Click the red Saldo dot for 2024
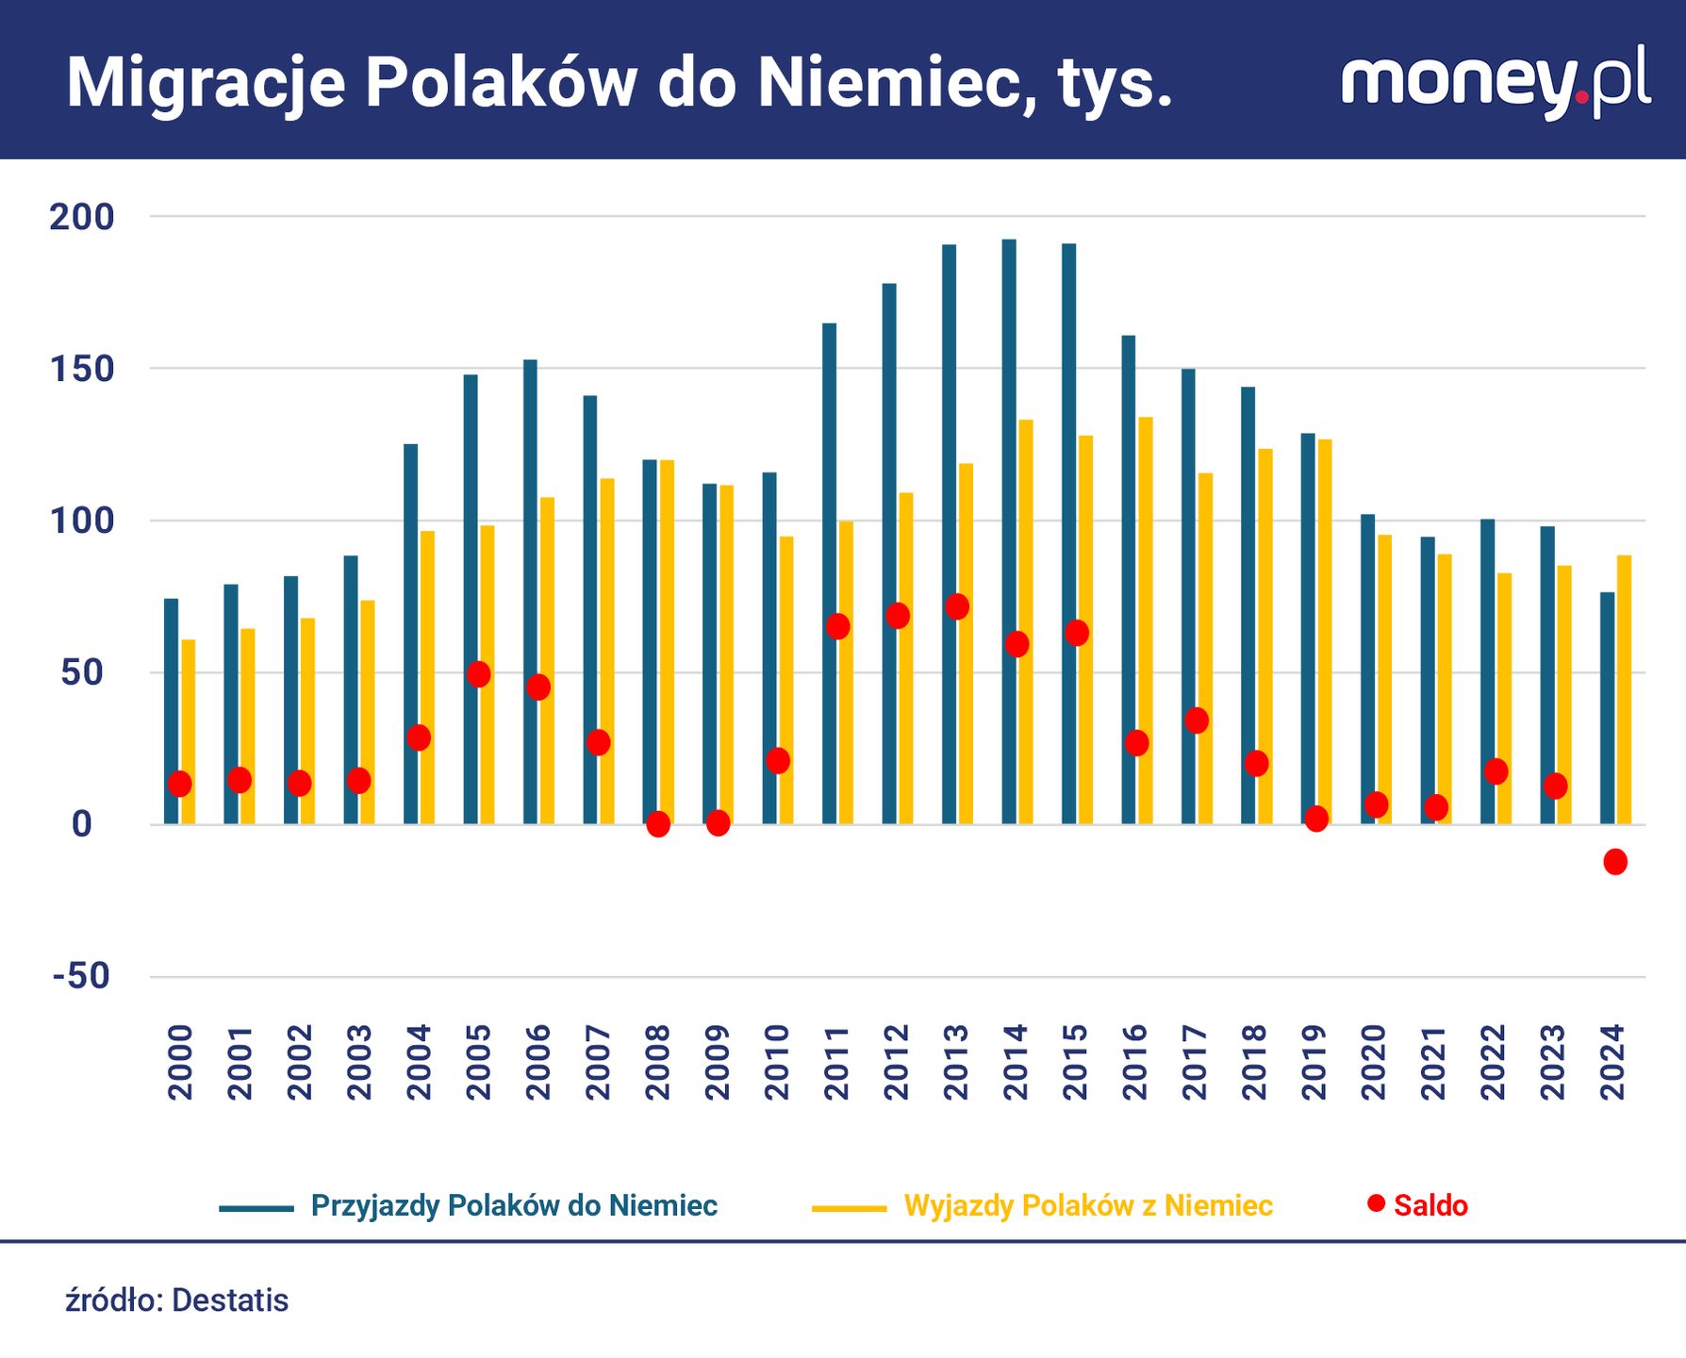tap(1615, 861)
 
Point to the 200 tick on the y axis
tap(82, 217)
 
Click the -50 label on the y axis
tap(82, 976)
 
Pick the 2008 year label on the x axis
tap(657, 1062)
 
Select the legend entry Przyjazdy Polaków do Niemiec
tap(514, 1205)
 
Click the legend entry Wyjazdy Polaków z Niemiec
tap(1088, 1205)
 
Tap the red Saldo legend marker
tap(1377, 1203)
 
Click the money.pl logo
tap(1496, 82)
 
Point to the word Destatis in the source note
tap(230, 1300)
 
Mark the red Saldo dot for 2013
tap(957, 606)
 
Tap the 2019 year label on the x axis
tap(1314, 1062)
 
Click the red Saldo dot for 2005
tap(479, 674)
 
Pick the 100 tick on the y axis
tap(82, 521)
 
